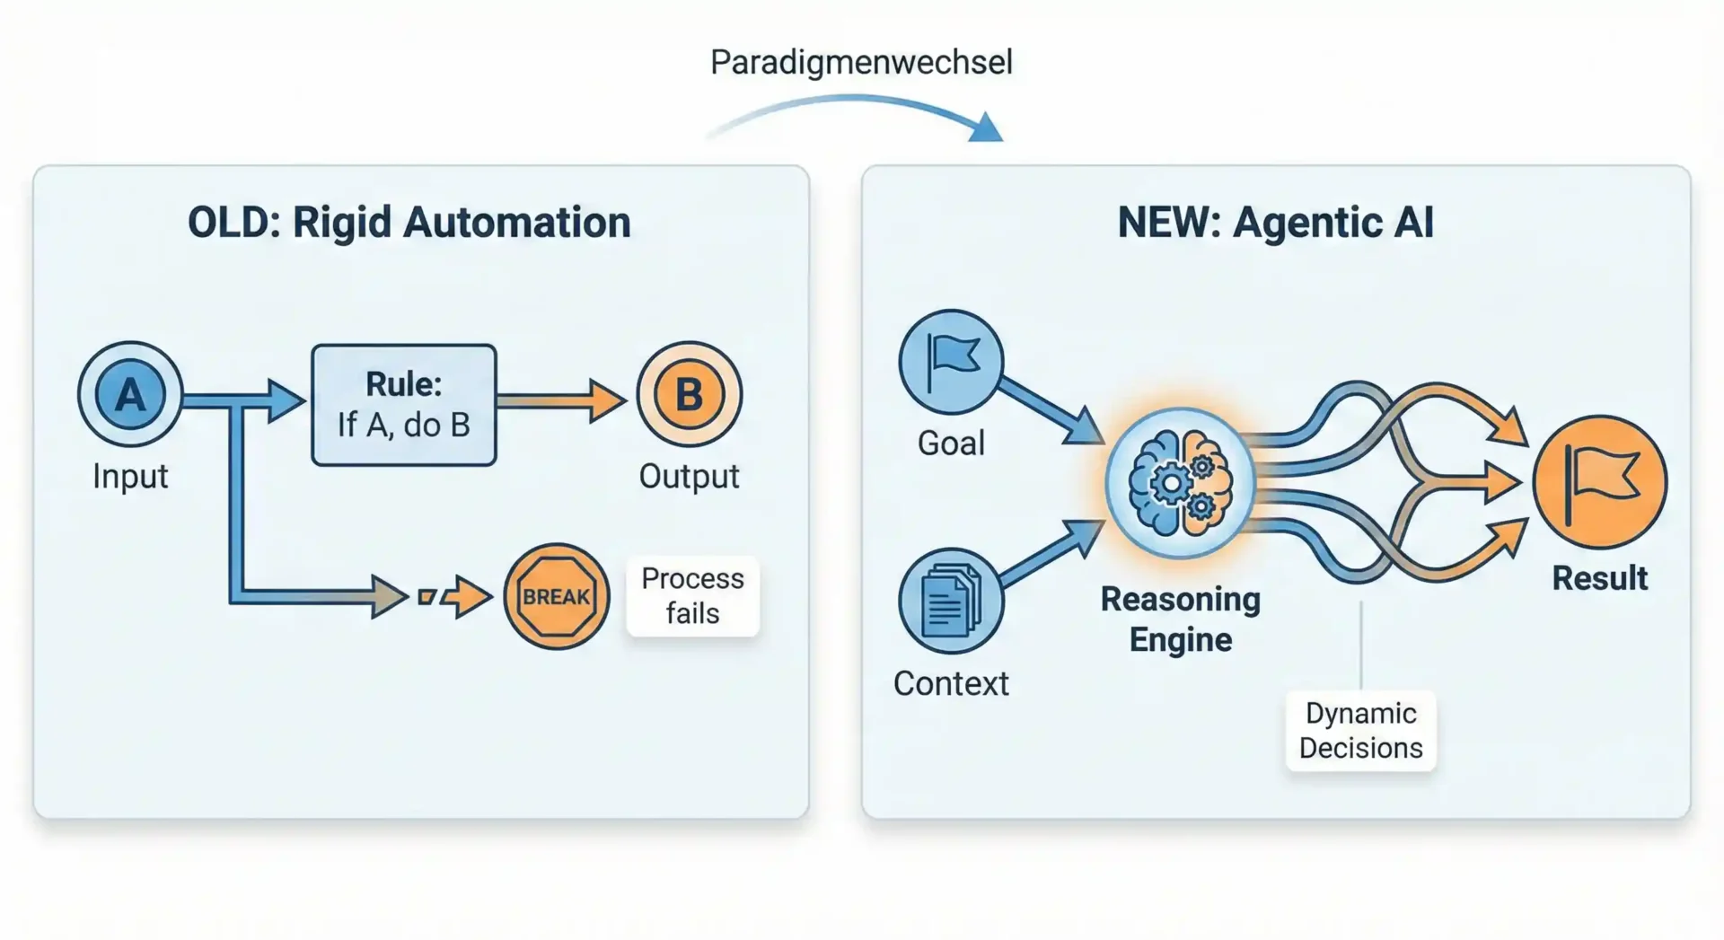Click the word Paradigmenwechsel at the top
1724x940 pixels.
point(861,62)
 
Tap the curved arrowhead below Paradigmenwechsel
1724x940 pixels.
point(987,128)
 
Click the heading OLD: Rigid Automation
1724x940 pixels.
point(409,223)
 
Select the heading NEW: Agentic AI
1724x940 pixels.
point(1275,223)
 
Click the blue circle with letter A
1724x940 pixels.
point(130,394)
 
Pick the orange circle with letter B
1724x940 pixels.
point(689,394)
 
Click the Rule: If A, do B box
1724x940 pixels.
point(404,405)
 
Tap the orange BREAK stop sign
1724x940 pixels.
point(556,596)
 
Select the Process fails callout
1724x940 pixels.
point(692,596)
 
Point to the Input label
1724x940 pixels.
point(130,476)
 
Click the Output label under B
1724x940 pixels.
point(689,476)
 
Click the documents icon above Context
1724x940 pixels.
point(951,601)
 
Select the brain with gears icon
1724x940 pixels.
point(1180,483)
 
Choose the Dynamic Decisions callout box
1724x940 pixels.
point(1360,731)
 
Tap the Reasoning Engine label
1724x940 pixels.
point(1180,619)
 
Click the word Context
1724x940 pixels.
point(951,684)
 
